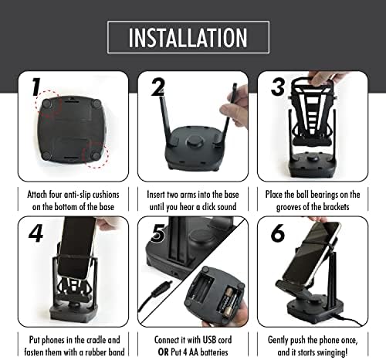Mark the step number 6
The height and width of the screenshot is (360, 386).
point(279,231)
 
